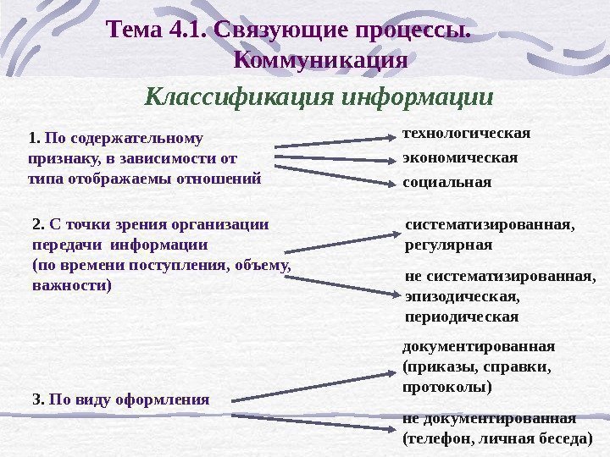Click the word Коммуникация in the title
pos(319,61)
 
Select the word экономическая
pos(459,157)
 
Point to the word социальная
pos(446,182)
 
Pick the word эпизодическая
pos(462,297)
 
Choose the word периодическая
pos(462,317)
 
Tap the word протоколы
pos(446,388)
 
